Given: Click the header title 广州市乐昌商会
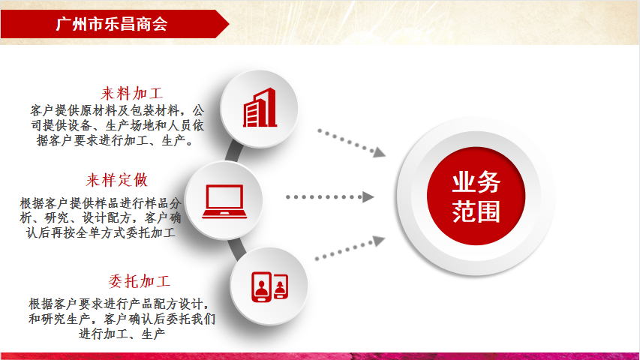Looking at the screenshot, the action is (112, 24).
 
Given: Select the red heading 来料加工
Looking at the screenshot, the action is (132, 94).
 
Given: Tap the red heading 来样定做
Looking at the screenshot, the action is (117, 180).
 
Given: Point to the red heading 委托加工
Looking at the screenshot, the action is (140, 281).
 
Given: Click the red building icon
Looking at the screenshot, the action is (260, 108).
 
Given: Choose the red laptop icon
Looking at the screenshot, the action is (224, 202).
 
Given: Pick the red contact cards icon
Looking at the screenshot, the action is (270, 286).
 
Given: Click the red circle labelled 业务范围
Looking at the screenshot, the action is (476, 196).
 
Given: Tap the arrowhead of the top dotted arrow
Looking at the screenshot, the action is (379, 152).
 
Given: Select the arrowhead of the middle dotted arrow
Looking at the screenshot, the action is (368, 196).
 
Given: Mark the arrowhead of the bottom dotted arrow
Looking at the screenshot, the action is (379, 241).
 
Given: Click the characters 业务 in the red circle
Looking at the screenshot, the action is (476, 182).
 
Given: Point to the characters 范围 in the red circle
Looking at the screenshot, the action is (476, 211).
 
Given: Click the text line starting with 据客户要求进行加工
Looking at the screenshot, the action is (115, 140).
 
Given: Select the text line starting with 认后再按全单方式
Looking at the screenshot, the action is (101, 232).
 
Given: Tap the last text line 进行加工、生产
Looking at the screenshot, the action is (122, 334).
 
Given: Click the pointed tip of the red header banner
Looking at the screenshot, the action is (229, 24).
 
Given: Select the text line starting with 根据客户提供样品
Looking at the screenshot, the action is (101, 202).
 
